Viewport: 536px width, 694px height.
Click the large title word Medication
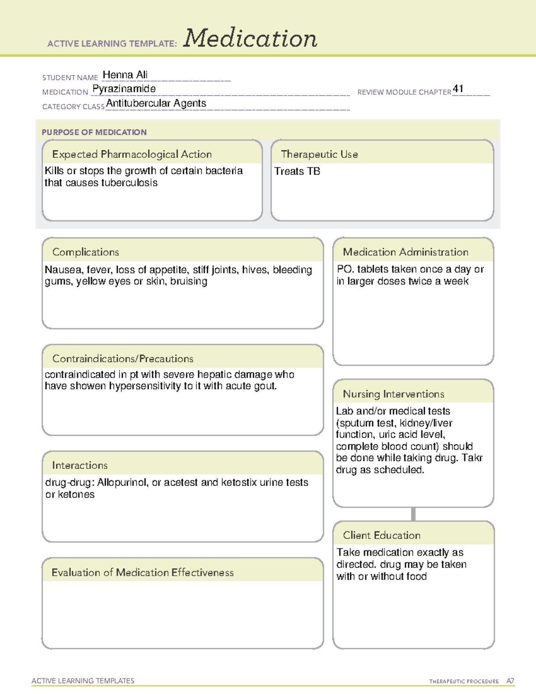(250, 38)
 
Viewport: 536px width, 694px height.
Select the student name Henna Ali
(125, 75)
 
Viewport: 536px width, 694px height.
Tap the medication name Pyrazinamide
(124, 89)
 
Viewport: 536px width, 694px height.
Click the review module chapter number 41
(458, 88)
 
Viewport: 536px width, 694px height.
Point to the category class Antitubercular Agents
(156, 103)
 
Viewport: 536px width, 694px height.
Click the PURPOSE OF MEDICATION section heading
(94, 132)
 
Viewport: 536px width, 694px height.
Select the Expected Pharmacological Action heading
(132, 154)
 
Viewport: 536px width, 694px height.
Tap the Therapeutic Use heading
(319, 154)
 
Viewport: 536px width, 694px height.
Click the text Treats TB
(297, 171)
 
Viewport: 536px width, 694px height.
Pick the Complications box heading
(85, 252)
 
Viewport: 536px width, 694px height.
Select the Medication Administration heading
(405, 252)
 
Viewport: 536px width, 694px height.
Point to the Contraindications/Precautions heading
(122, 358)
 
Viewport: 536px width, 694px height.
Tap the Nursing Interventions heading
(393, 394)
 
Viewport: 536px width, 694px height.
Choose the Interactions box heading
(80, 465)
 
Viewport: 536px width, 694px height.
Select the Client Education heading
(381, 535)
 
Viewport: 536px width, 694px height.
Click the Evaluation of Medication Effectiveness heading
(142, 572)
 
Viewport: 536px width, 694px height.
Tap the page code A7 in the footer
(510, 681)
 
